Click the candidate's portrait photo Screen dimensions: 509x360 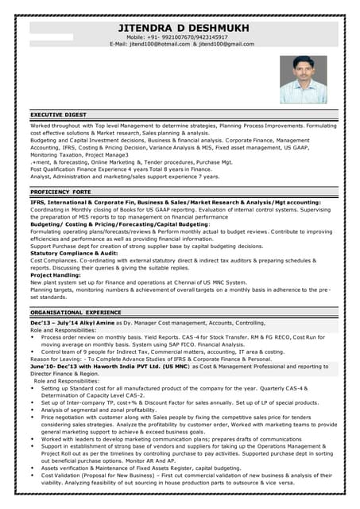click(x=303, y=79)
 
